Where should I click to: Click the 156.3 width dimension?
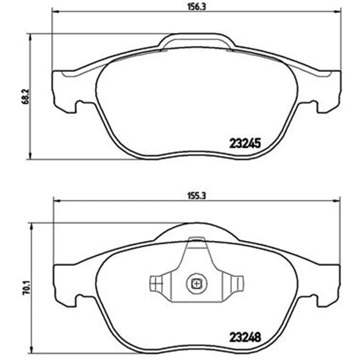[197, 7]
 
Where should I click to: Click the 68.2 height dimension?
[25, 97]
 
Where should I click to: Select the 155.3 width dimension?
[197, 196]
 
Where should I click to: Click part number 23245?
[245, 144]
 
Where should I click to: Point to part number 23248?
[245, 337]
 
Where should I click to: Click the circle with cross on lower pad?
[197, 284]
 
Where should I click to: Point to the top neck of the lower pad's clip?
[197, 243]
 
